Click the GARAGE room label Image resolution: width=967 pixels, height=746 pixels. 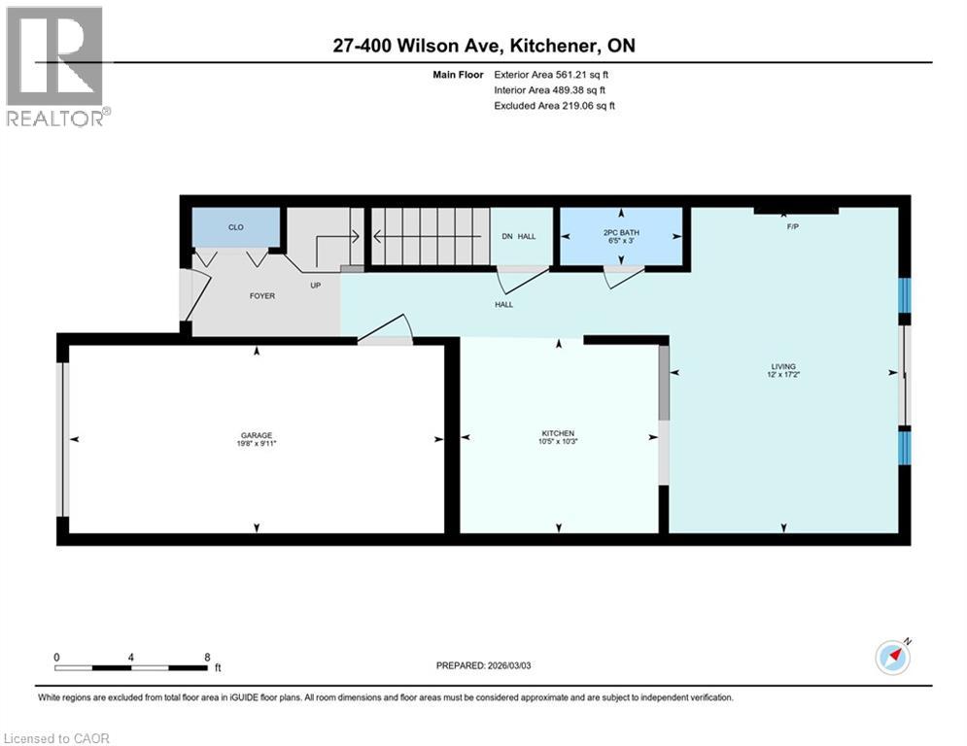(257, 435)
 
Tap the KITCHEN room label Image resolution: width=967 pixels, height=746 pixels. (558, 433)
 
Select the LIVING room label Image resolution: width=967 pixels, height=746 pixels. (783, 366)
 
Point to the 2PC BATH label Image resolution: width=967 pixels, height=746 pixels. (621, 233)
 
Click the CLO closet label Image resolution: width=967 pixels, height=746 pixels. (235, 227)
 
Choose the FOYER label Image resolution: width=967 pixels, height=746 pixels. (235, 295)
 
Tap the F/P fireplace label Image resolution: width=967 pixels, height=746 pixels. (793, 226)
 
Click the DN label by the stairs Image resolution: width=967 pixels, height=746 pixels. (506, 236)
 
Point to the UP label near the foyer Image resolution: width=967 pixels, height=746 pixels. (315, 286)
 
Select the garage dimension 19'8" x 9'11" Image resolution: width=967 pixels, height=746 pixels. (257, 444)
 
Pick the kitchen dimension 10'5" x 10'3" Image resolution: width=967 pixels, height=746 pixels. (558, 442)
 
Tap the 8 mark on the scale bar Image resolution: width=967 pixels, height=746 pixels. (207, 657)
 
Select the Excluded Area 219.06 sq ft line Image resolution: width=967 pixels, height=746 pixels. (554, 105)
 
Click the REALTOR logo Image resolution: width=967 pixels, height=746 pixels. (56, 66)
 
